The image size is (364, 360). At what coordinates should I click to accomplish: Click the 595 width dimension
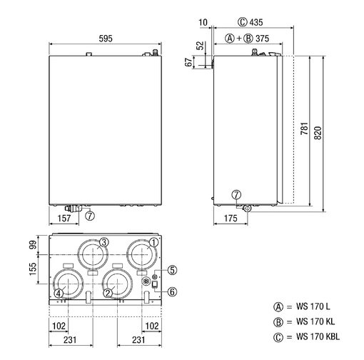tap(106, 39)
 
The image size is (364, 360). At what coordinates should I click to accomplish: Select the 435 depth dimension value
tap(256, 22)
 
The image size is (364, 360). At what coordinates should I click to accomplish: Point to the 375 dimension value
tap(262, 39)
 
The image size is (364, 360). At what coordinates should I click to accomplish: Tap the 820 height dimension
tap(318, 133)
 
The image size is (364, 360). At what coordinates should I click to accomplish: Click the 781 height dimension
tap(304, 129)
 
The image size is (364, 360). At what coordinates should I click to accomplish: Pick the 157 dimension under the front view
tap(64, 218)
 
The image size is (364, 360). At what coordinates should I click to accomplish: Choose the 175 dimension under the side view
tap(231, 218)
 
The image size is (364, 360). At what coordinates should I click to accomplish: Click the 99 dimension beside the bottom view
tap(33, 245)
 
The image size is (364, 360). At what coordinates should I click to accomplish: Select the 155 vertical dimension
tap(33, 269)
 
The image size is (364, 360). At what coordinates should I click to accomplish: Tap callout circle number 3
tap(103, 242)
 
